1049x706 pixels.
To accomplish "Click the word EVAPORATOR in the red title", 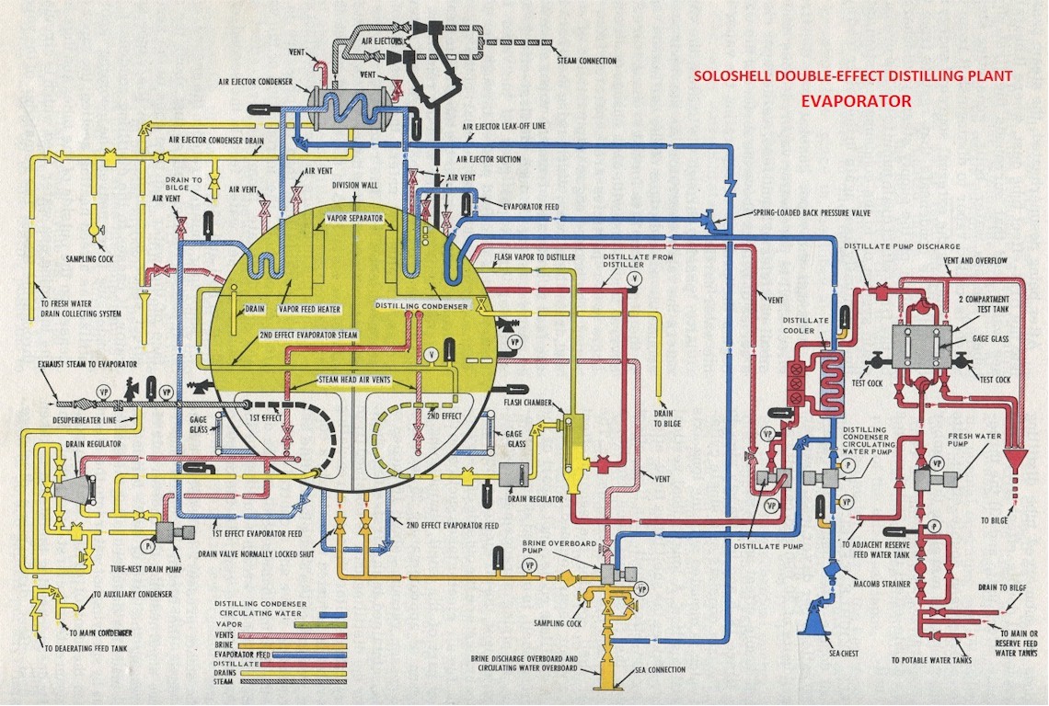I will pos(856,101).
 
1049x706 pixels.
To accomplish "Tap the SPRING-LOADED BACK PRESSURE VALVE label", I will pos(809,212).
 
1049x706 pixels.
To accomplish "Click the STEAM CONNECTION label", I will pos(586,61).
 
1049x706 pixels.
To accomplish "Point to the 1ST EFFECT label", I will pos(265,416).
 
